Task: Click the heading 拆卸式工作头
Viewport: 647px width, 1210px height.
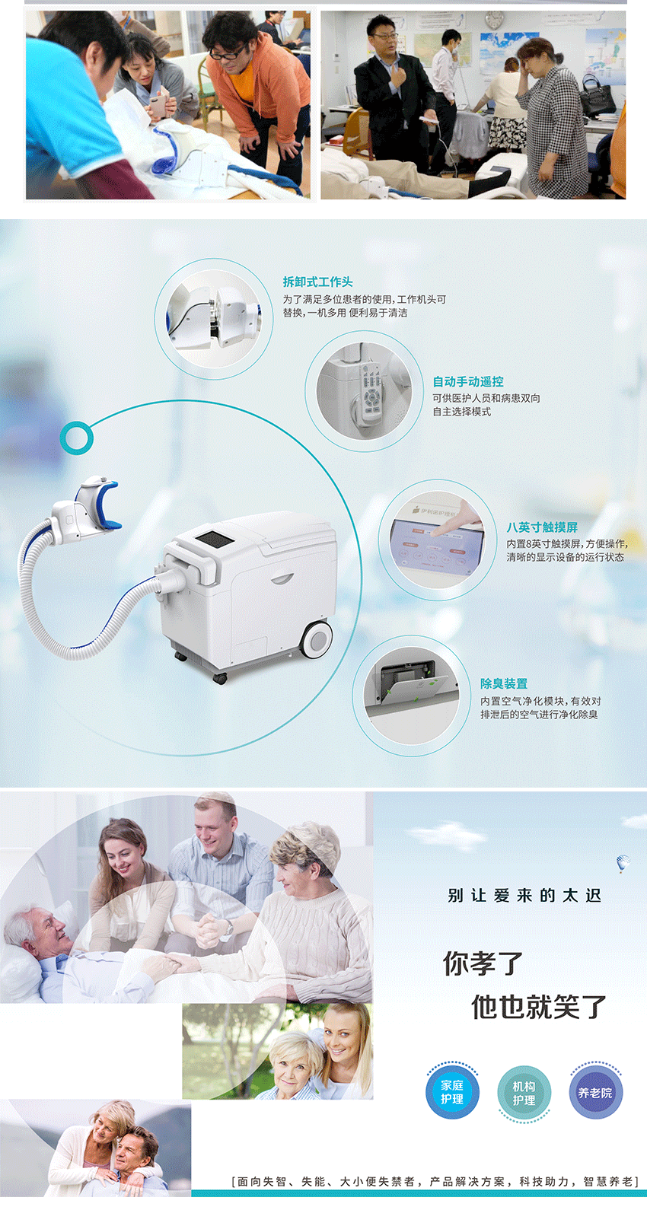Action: [x=317, y=282]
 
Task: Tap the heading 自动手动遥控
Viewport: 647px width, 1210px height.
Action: [x=468, y=382]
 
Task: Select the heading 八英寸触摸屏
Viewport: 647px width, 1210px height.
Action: [x=542, y=527]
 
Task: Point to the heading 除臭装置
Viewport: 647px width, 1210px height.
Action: [x=504, y=684]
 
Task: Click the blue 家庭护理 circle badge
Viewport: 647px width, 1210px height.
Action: [x=452, y=1092]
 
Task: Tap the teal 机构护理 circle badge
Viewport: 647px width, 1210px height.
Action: [x=524, y=1092]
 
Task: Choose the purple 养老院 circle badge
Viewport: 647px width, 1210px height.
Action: [x=595, y=1092]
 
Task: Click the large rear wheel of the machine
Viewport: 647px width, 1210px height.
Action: [x=317, y=640]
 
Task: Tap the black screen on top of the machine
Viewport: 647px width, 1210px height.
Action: [x=215, y=539]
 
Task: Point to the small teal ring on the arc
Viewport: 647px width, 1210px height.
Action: [x=76, y=438]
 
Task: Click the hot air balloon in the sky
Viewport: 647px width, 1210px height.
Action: [x=623, y=863]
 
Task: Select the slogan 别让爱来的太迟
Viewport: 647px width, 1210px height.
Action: [x=524, y=896]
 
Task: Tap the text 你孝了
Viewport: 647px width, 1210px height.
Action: [x=483, y=963]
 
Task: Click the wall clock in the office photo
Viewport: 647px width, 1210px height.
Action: [x=493, y=21]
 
